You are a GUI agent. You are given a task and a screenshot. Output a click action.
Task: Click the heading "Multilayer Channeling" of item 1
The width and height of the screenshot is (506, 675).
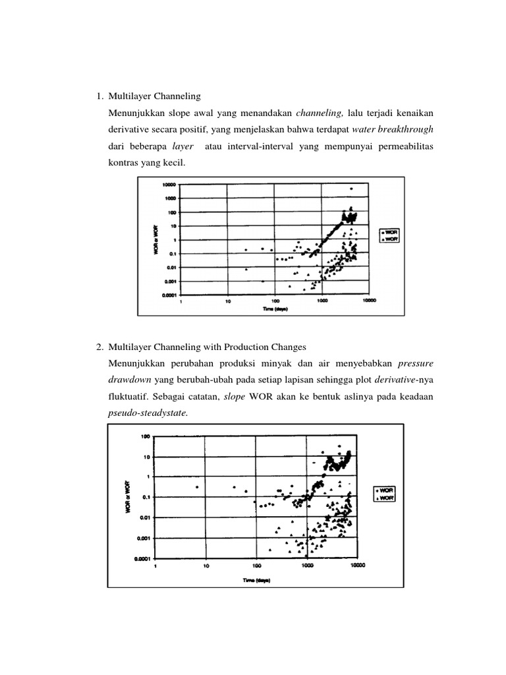tap(154, 96)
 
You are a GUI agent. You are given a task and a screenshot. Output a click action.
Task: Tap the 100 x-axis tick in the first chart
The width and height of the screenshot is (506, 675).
tap(275, 302)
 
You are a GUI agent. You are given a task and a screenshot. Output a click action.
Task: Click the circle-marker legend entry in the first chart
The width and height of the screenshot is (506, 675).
tap(386, 233)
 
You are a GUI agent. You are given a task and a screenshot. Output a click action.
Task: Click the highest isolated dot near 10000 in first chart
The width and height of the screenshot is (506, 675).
tap(351, 189)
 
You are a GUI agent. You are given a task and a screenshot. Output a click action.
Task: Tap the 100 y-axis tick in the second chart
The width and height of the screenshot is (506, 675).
tap(144, 436)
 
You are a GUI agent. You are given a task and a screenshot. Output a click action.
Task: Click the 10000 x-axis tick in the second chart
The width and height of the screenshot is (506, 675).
tap(357, 566)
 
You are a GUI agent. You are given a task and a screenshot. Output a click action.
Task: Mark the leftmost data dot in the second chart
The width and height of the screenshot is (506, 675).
tap(197, 487)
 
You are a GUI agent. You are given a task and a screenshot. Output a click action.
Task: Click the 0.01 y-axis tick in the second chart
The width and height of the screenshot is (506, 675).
tap(142, 517)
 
